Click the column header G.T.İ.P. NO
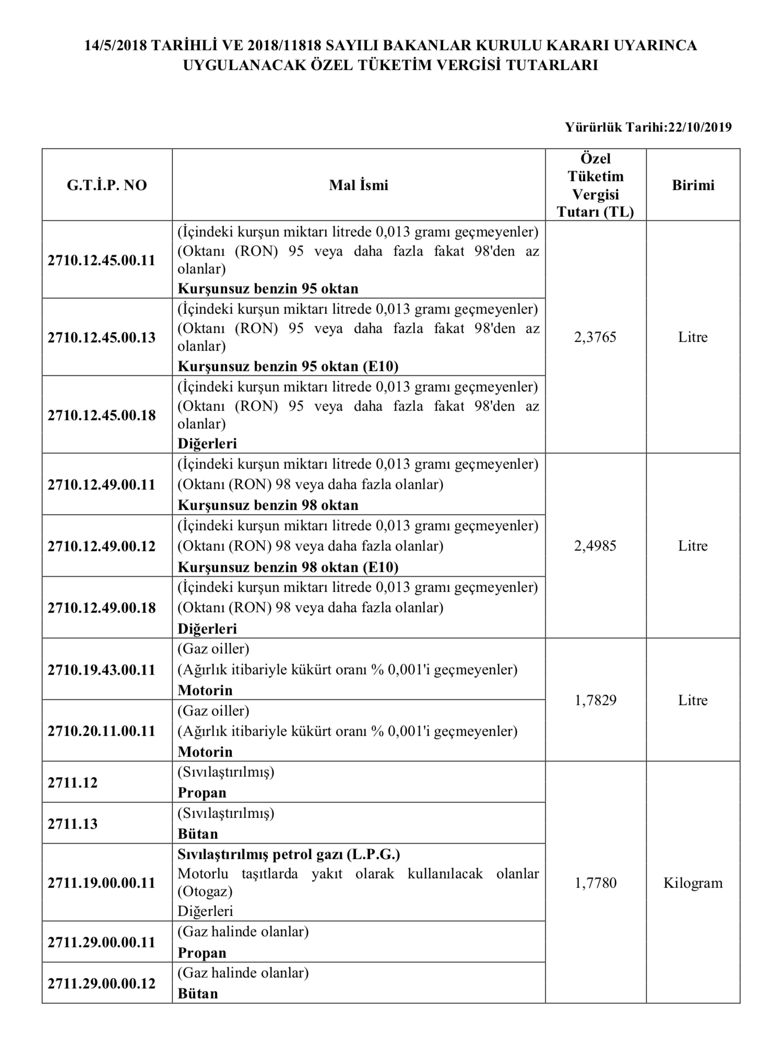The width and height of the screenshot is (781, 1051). tap(106, 185)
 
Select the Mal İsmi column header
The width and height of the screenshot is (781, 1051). tap(359, 185)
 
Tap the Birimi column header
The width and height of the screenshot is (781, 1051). tap(693, 185)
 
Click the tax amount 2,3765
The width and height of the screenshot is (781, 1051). tap(595, 337)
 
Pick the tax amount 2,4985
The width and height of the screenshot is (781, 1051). tap(595, 546)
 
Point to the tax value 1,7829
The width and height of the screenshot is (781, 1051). tap(595, 700)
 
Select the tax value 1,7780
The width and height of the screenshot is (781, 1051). tap(595, 883)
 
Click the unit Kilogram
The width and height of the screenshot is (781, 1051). tap(693, 883)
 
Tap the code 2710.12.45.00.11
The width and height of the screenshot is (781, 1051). tap(101, 260)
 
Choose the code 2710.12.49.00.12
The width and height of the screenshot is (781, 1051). tap(101, 546)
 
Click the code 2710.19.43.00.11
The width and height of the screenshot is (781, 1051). tap(101, 670)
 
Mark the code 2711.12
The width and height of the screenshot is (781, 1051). tap(72, 782)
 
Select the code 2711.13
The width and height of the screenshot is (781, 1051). tap(72, 823)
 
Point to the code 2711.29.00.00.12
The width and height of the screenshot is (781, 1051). tap(101, 984)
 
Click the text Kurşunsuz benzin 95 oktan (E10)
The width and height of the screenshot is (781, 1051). tap(288, 366)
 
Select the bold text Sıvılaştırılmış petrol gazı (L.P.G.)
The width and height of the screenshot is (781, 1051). tap(289, 854)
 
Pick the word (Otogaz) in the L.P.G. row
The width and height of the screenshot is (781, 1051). tap(205, 891)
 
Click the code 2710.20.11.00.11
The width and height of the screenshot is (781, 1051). tap(101, 731)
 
